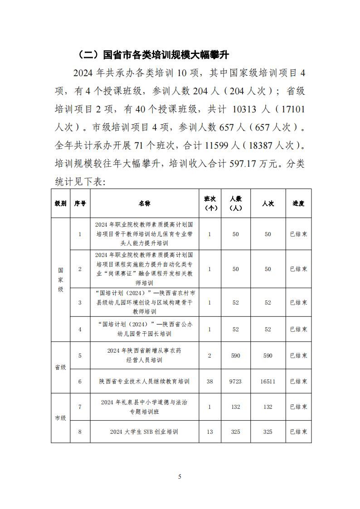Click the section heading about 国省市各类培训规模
pos(154,55)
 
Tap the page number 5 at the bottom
pos(180,476)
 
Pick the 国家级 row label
pos(60,280)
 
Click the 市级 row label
pos(60,418)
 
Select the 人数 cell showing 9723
pos(235,382)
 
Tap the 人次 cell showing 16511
pos(268,382)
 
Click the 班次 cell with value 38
pos(209,382)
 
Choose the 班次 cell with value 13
pos(209,432)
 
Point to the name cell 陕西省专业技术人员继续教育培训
pos(144,382)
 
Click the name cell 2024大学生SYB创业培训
pos(144,432)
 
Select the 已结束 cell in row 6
pos(298,382)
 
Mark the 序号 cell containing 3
pos(80,302)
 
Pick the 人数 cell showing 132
pos(235,407)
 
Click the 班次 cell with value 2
pos(209,356)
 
